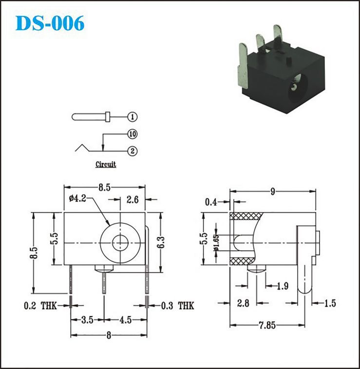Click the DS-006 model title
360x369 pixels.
[50, 23]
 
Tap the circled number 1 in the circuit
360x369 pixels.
[133, 117]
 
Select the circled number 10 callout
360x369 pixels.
[133, 134]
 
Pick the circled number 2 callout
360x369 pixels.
[133, 151]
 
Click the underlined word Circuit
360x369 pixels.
[106, 164]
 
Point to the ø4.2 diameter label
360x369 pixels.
[77, 199]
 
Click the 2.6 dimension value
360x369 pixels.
[133, 200]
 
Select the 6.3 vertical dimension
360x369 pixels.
[161, 242]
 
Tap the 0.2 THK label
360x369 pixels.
[40, 306]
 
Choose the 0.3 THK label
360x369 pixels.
[177, 306]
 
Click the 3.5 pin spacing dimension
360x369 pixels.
[87, 320]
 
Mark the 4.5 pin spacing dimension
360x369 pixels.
[126, 320]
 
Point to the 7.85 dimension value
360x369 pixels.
[267, 326]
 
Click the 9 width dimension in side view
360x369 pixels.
[273, 192]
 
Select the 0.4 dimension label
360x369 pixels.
[211, 202]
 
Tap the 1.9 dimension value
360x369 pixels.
[283, 286]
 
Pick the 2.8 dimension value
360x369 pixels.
[243, 303]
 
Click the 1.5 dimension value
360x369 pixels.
[330, 303]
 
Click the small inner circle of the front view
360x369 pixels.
[120, 242]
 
